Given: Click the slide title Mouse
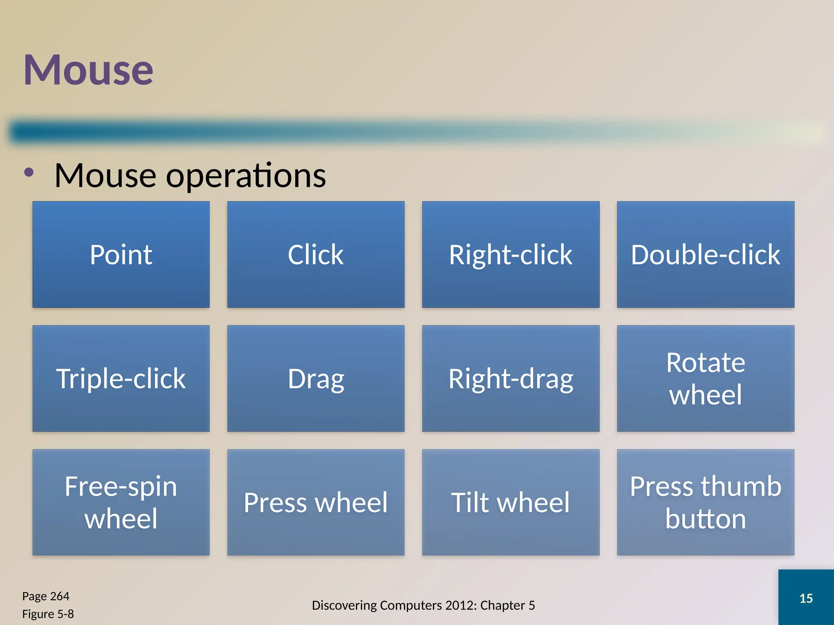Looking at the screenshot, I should tap(88, 70).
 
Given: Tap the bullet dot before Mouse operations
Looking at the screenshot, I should tap(29, 173).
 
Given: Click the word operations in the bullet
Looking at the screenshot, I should tap(246, 176).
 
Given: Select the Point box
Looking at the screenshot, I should tap(121, 255).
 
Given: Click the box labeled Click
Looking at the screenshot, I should tap(316, 255).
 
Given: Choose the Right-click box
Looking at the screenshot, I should tap(511, 255).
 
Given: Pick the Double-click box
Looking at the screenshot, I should tap(705, 255).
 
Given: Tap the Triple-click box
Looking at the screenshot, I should tap(121, 378).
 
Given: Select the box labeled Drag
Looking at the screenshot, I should tap(316, 378).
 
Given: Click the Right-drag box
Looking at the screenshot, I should tap(511, 378).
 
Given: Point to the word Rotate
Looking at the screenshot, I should tap(705, 363).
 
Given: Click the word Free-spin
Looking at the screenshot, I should tap(121, 487).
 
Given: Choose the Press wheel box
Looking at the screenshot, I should tap(316, 503).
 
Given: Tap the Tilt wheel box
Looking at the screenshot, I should tap(511, 503).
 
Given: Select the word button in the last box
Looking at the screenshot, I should tap(705, 519).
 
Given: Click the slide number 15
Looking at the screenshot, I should tap(806, 598).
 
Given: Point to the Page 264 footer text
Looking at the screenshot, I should tap(46, 596).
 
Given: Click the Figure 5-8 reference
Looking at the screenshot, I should tap(48, 614).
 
